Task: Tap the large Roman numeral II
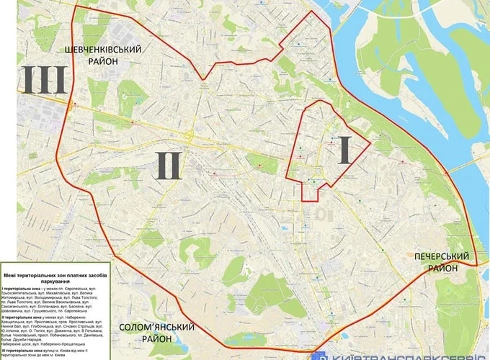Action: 167,165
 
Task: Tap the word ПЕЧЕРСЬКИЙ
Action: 442,256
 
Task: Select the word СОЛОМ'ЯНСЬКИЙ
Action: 157,327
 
